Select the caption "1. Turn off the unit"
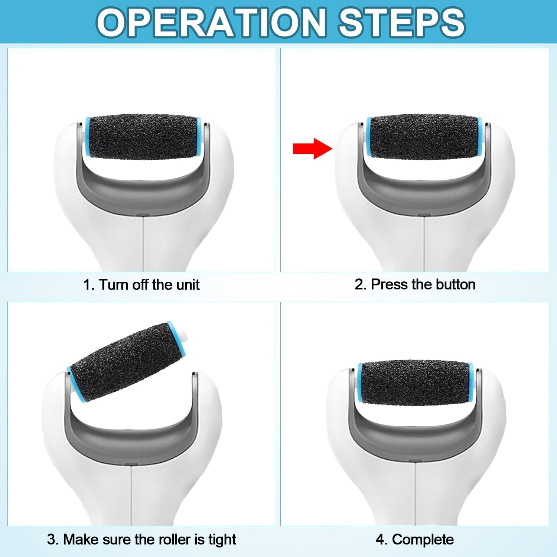point(141,285)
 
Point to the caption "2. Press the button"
point(415,284)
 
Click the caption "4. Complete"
point(415,540)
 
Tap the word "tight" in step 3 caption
point(222,540)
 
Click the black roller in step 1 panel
point(143,137)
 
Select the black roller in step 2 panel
point(424,137)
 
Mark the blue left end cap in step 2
point(368,137)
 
